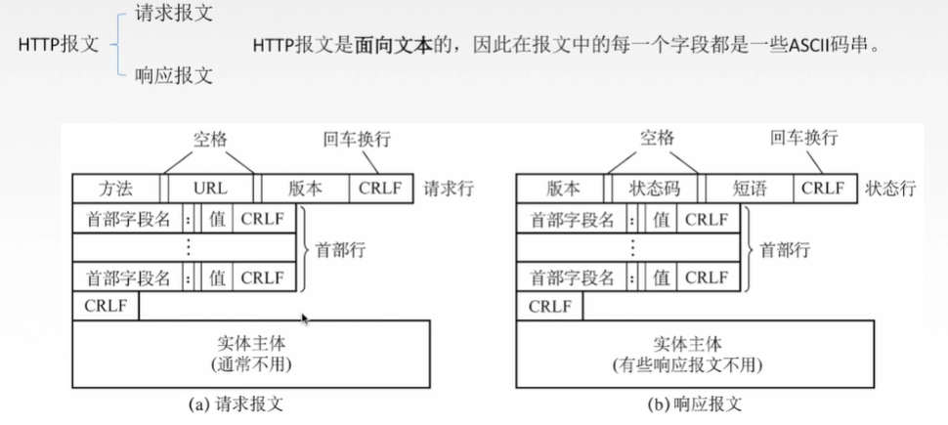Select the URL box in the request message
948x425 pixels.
coord(209,188)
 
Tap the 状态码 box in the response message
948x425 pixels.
coord(655,188)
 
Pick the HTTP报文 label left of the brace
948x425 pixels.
coord(60,45)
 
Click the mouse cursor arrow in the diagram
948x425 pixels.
coord(306,319)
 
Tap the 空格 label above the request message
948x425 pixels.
coord(210,139)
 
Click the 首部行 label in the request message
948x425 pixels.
coord(340,249)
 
